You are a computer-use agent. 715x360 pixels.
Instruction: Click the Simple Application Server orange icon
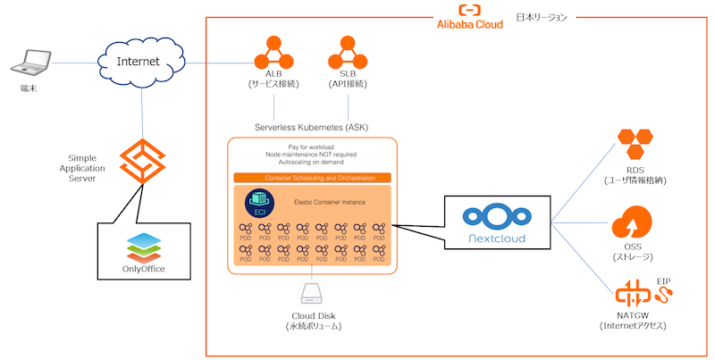pos(143,161)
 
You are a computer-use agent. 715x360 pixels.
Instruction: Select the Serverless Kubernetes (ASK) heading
pos(312,127)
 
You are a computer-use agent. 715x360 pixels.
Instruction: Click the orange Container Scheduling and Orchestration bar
pos(312,178)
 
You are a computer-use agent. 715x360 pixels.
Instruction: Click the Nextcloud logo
pos(496,225)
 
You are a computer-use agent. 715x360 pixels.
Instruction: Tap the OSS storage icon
pos(635,223)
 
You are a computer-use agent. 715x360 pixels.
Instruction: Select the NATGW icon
pos(634,294)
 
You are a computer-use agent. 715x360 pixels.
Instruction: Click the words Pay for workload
pos(312,146)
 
